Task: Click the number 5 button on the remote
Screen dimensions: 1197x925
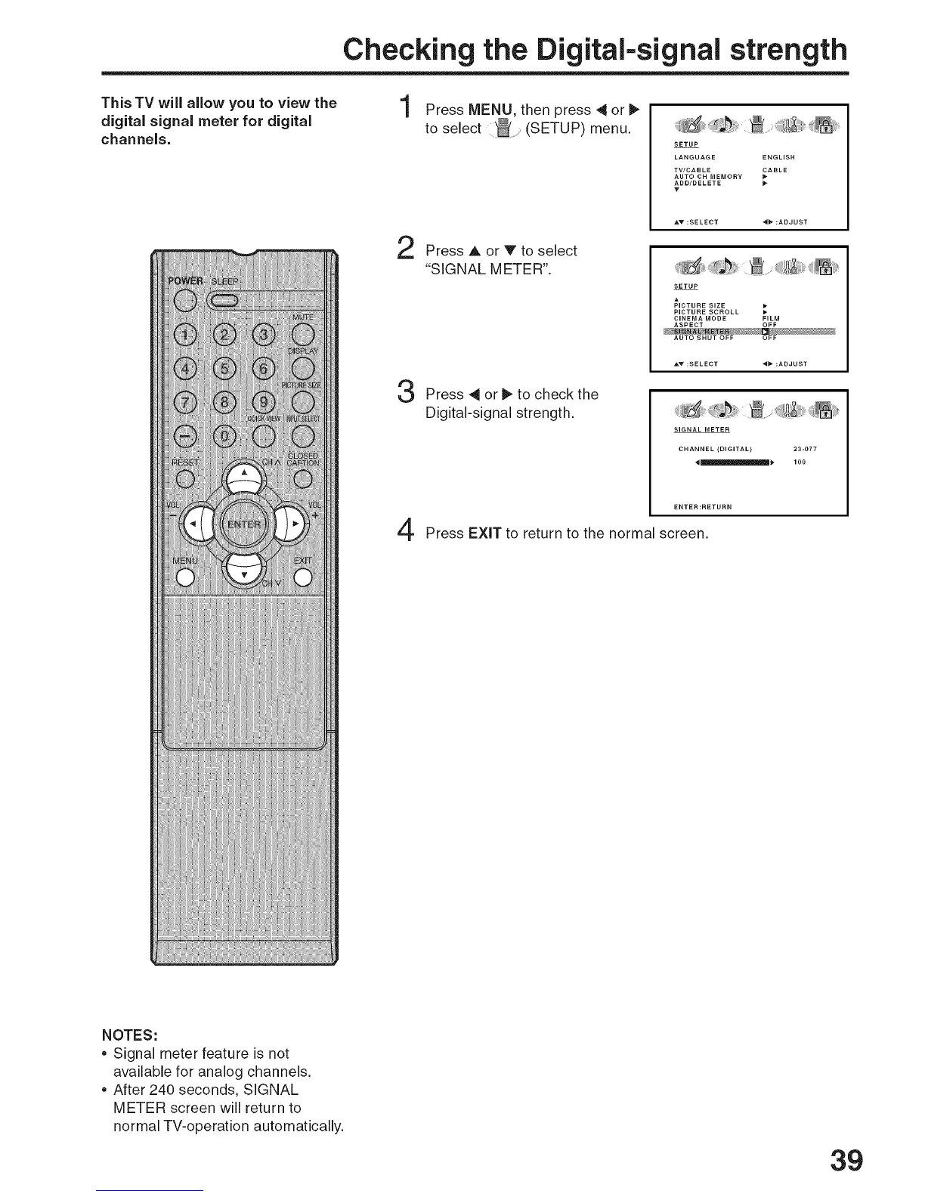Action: click(224, 368)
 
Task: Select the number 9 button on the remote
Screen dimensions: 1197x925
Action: click(264, 401)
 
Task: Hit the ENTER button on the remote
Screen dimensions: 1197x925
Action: click(243, 523)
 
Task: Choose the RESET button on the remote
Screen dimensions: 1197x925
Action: click(184, 479)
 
